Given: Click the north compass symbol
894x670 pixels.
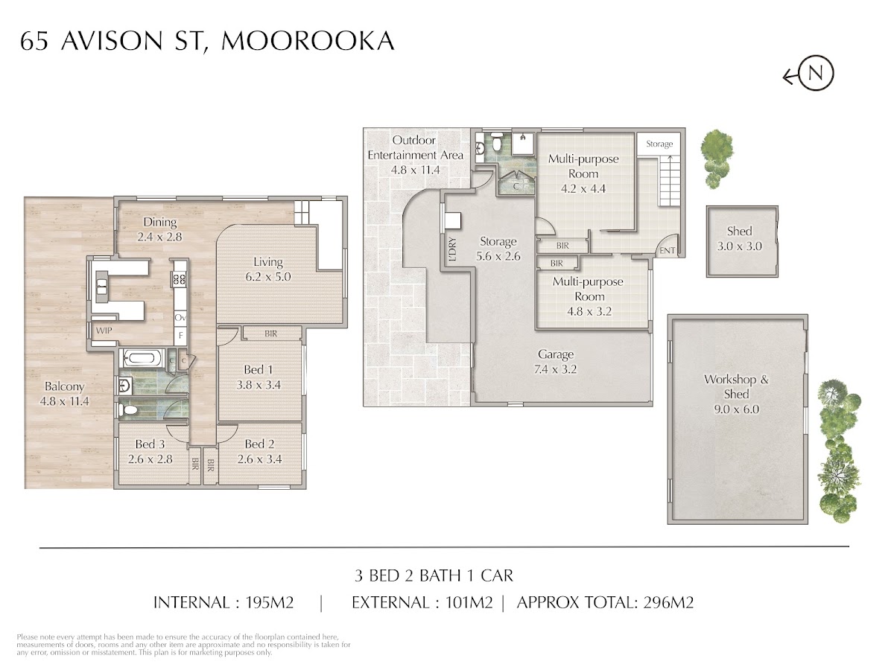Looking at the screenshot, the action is coord(808,74).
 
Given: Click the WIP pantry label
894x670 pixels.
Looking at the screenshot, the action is coord(104,331).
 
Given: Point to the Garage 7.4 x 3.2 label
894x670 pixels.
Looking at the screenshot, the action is coord(556,362).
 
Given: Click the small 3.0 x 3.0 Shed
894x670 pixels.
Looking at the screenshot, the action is coord(742,242).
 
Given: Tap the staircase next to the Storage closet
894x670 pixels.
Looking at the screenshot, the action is coord(669,181).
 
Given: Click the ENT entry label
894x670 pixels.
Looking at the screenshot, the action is coord(667,251).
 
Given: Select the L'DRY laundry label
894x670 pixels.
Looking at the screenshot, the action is coord(451,249).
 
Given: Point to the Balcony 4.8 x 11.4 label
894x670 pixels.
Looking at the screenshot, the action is coord(64,394).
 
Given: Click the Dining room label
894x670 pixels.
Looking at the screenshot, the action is coord(160,222).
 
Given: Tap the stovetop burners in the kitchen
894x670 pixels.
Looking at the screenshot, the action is coord(180,279).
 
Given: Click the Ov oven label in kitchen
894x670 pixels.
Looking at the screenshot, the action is coord(180,318).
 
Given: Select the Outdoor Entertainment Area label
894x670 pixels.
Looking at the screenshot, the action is coord(416,155).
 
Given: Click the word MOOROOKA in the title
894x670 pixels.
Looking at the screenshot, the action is coord(308,41).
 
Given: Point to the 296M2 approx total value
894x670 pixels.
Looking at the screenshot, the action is coord(668,602).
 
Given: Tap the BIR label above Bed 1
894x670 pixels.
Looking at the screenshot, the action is coord(271,334).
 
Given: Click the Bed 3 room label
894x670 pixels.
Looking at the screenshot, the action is coord(150,444).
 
